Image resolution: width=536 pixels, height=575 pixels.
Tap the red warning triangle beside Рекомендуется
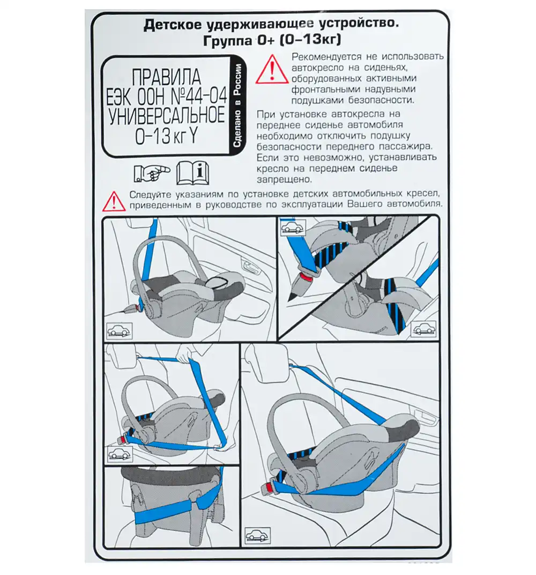click(272, 71)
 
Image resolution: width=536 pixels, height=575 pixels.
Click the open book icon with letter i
click(193, 173)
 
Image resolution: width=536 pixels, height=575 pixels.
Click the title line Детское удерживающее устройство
click(270, 25)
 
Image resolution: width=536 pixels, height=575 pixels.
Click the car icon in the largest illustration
click(258, 535)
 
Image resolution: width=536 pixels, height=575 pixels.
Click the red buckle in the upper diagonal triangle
click(305, 278)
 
